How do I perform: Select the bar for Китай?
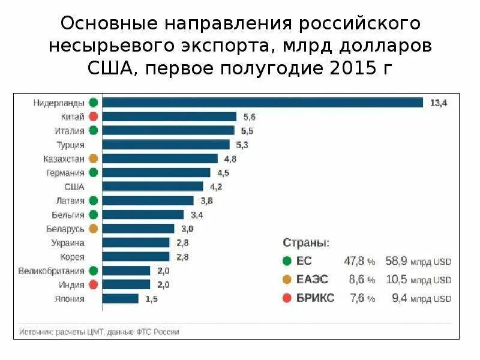(x=169, y=117)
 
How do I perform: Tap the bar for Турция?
(x=166, y=145)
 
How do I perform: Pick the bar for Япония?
(x=121, y=298)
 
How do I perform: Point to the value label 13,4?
(x=439, y=103)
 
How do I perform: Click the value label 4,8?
(x=230, y=159)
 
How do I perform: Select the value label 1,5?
(x=151, y=299)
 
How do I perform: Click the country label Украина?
(x=67, y=243)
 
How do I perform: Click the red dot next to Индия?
(x=93, y=284)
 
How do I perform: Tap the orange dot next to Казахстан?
(x=93, y=159)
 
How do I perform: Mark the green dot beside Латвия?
(x=93, y=201)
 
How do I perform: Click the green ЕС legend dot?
(x=287, y=262)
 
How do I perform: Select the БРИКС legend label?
(x=315, y=298)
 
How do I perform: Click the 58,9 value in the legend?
(x=397, y=262)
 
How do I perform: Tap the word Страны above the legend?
(x=305, y=244)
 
